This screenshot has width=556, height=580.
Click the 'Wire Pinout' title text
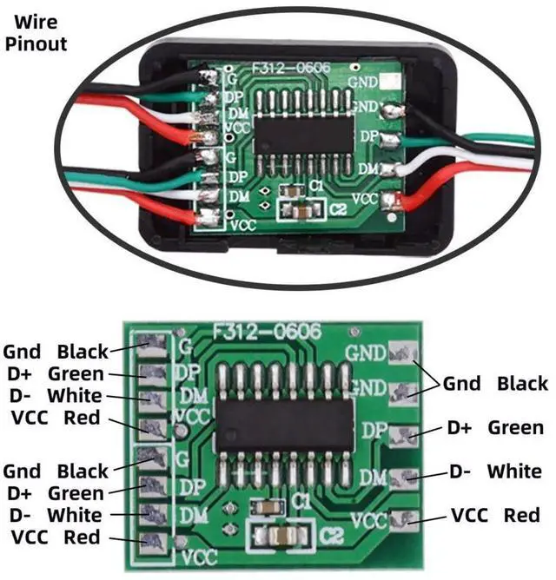36,32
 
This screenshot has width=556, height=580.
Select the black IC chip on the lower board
285,425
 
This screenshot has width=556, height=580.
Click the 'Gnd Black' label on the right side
495,383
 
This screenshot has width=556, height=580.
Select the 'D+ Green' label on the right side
495,427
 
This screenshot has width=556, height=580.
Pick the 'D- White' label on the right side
495,471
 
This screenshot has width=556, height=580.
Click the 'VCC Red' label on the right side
495,516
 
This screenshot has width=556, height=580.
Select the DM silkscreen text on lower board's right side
372,477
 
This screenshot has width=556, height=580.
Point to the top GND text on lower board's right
365,353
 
